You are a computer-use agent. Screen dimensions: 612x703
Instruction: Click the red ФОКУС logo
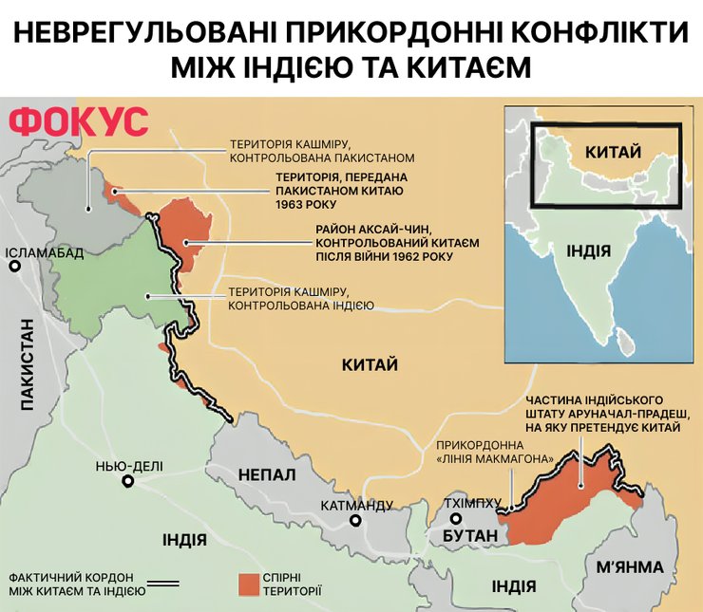79,121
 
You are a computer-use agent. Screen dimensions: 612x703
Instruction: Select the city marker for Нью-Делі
127,481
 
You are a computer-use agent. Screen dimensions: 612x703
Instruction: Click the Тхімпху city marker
456,519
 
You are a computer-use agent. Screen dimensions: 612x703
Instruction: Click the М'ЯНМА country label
631,567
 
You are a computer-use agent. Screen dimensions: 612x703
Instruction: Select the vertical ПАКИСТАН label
27,365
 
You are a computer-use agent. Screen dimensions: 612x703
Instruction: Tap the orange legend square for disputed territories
248,582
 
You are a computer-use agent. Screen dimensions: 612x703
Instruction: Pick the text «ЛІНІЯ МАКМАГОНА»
495,458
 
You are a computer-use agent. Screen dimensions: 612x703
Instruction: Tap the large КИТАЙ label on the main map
370,364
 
